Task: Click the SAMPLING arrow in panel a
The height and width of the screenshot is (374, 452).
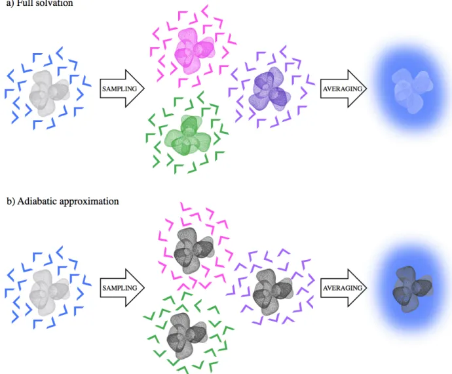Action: click(x=122, y=89)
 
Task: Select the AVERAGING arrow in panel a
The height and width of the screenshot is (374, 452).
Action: click(x=343, y=89)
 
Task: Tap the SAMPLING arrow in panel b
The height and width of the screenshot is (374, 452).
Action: click(x=122, y=287)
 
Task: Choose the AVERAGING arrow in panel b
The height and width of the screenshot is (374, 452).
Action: click(x=343, y=287)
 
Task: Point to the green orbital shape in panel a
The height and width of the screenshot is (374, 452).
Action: click(x=188, y=136)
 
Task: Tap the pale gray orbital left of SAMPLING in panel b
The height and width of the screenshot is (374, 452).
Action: click(x=49, y=293)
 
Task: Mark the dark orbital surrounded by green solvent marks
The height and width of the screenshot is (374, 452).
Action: click(x=187, y=336)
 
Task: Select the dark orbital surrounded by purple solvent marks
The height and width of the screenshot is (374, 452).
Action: click(x=273, y=292)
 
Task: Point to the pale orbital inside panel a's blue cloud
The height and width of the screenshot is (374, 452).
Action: click(x=412, y=91)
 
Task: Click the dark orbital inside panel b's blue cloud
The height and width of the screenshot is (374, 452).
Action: click(x=413, y=289)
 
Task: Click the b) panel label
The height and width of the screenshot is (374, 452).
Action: click(x=10, y=201)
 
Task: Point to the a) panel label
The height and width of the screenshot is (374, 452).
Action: click(x=10, y=3)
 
